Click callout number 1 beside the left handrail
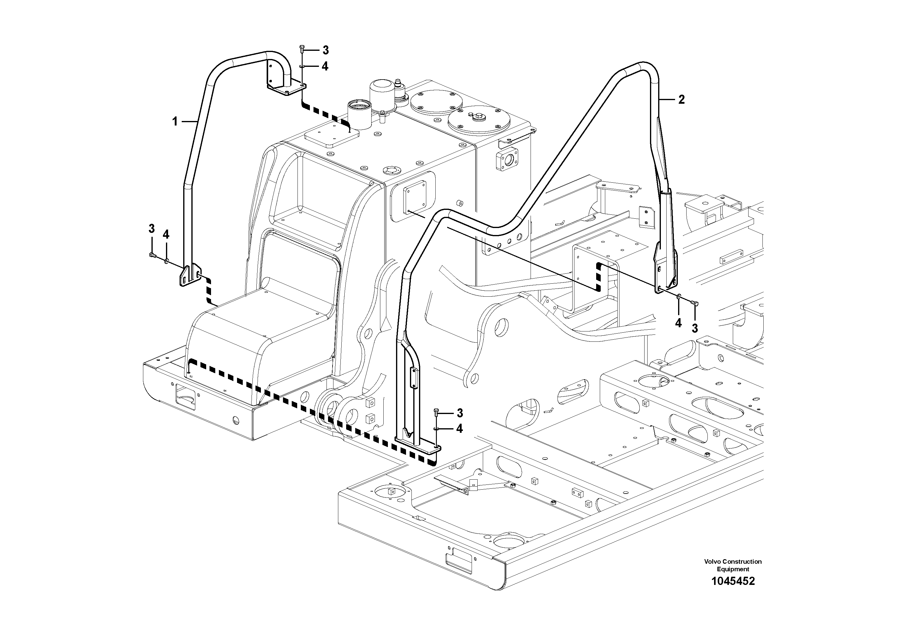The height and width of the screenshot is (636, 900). click(x=175, y=122)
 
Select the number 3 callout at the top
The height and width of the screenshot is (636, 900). click(x=325, y=50)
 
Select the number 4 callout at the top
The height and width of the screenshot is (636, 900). click(x=325, y=67)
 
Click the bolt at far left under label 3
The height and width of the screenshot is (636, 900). click(x=152, y=256)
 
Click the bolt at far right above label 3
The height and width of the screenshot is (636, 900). click(x=694, y=302)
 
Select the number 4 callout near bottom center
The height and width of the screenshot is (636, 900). click(x=460, y=429)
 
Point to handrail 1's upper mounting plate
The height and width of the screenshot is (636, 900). click(x=287, y=90)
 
